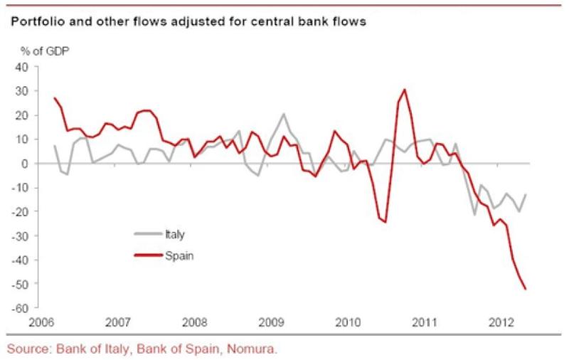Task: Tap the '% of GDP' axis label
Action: [40, 51]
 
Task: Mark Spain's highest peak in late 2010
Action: [404, 90]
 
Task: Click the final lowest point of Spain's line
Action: [525, 289]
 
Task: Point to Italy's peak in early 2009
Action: [284, 114]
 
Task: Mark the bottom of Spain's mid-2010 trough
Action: [385, 222]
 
